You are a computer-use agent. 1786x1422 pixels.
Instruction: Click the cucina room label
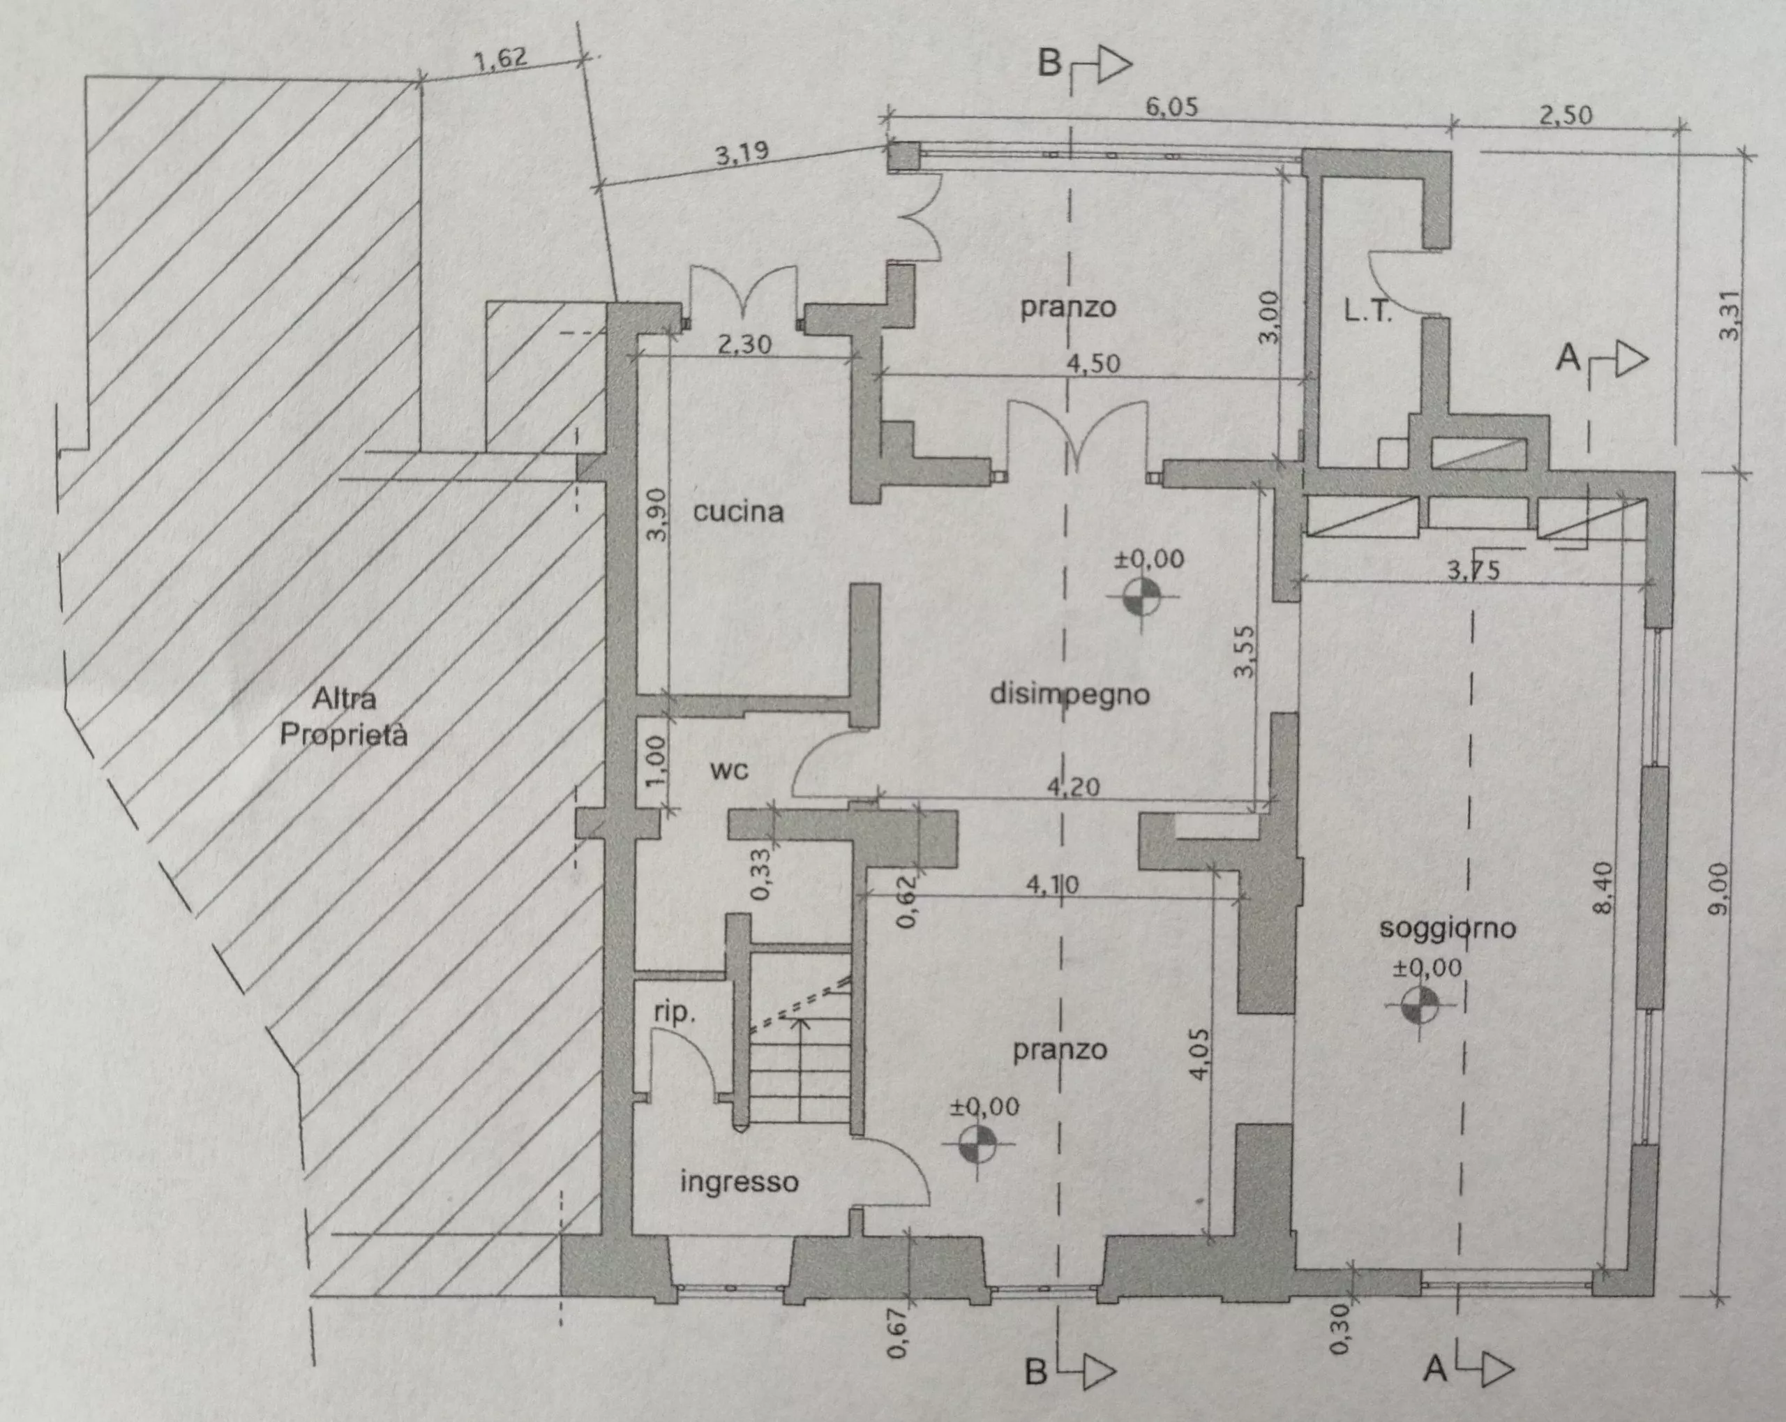(738, 511)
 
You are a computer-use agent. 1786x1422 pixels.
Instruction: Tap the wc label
(730, 771)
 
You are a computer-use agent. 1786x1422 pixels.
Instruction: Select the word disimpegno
(1070, 694)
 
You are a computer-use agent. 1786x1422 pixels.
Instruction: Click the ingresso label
(739, 1183)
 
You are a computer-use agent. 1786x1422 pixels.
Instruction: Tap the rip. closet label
(675, 1012)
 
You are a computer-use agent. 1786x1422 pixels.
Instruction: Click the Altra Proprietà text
(343, 717)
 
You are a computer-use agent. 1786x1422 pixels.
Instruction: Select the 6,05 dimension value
(1171, 107)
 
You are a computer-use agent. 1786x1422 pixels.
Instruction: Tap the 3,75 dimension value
(1473, 570)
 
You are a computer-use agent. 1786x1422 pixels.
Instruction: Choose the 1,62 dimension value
(500, 60)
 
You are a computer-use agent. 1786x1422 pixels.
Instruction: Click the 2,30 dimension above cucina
(743, 344)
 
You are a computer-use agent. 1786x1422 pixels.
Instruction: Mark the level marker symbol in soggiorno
(1420, 1005)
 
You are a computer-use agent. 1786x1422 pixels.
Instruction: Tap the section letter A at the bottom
(1436, 1369)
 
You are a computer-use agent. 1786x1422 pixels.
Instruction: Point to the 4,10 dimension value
(1052, 884)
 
